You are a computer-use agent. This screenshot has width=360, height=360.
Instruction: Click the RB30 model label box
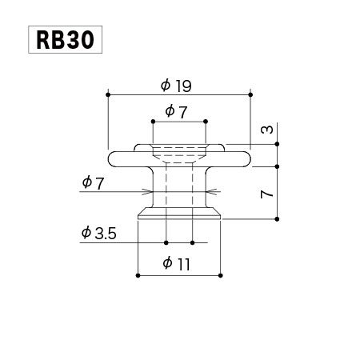pos(65,39)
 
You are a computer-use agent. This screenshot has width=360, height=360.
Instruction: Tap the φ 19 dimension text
pos(176,86)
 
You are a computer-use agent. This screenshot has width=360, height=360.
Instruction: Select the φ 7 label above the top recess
pos(176,111)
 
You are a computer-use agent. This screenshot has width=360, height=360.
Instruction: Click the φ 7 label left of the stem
pos(93,183)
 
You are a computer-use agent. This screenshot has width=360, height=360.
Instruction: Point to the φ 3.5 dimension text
pos(99,233)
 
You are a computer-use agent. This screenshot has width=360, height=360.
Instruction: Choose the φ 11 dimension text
pos(176,264)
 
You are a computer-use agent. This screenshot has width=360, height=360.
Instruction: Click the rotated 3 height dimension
pos(266,130)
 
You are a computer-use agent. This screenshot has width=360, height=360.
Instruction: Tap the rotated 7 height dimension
pos(266,194)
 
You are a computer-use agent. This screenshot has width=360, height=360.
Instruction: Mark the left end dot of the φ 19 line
pos(108,94)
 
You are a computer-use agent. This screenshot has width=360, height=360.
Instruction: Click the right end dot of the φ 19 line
pos(250,94)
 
